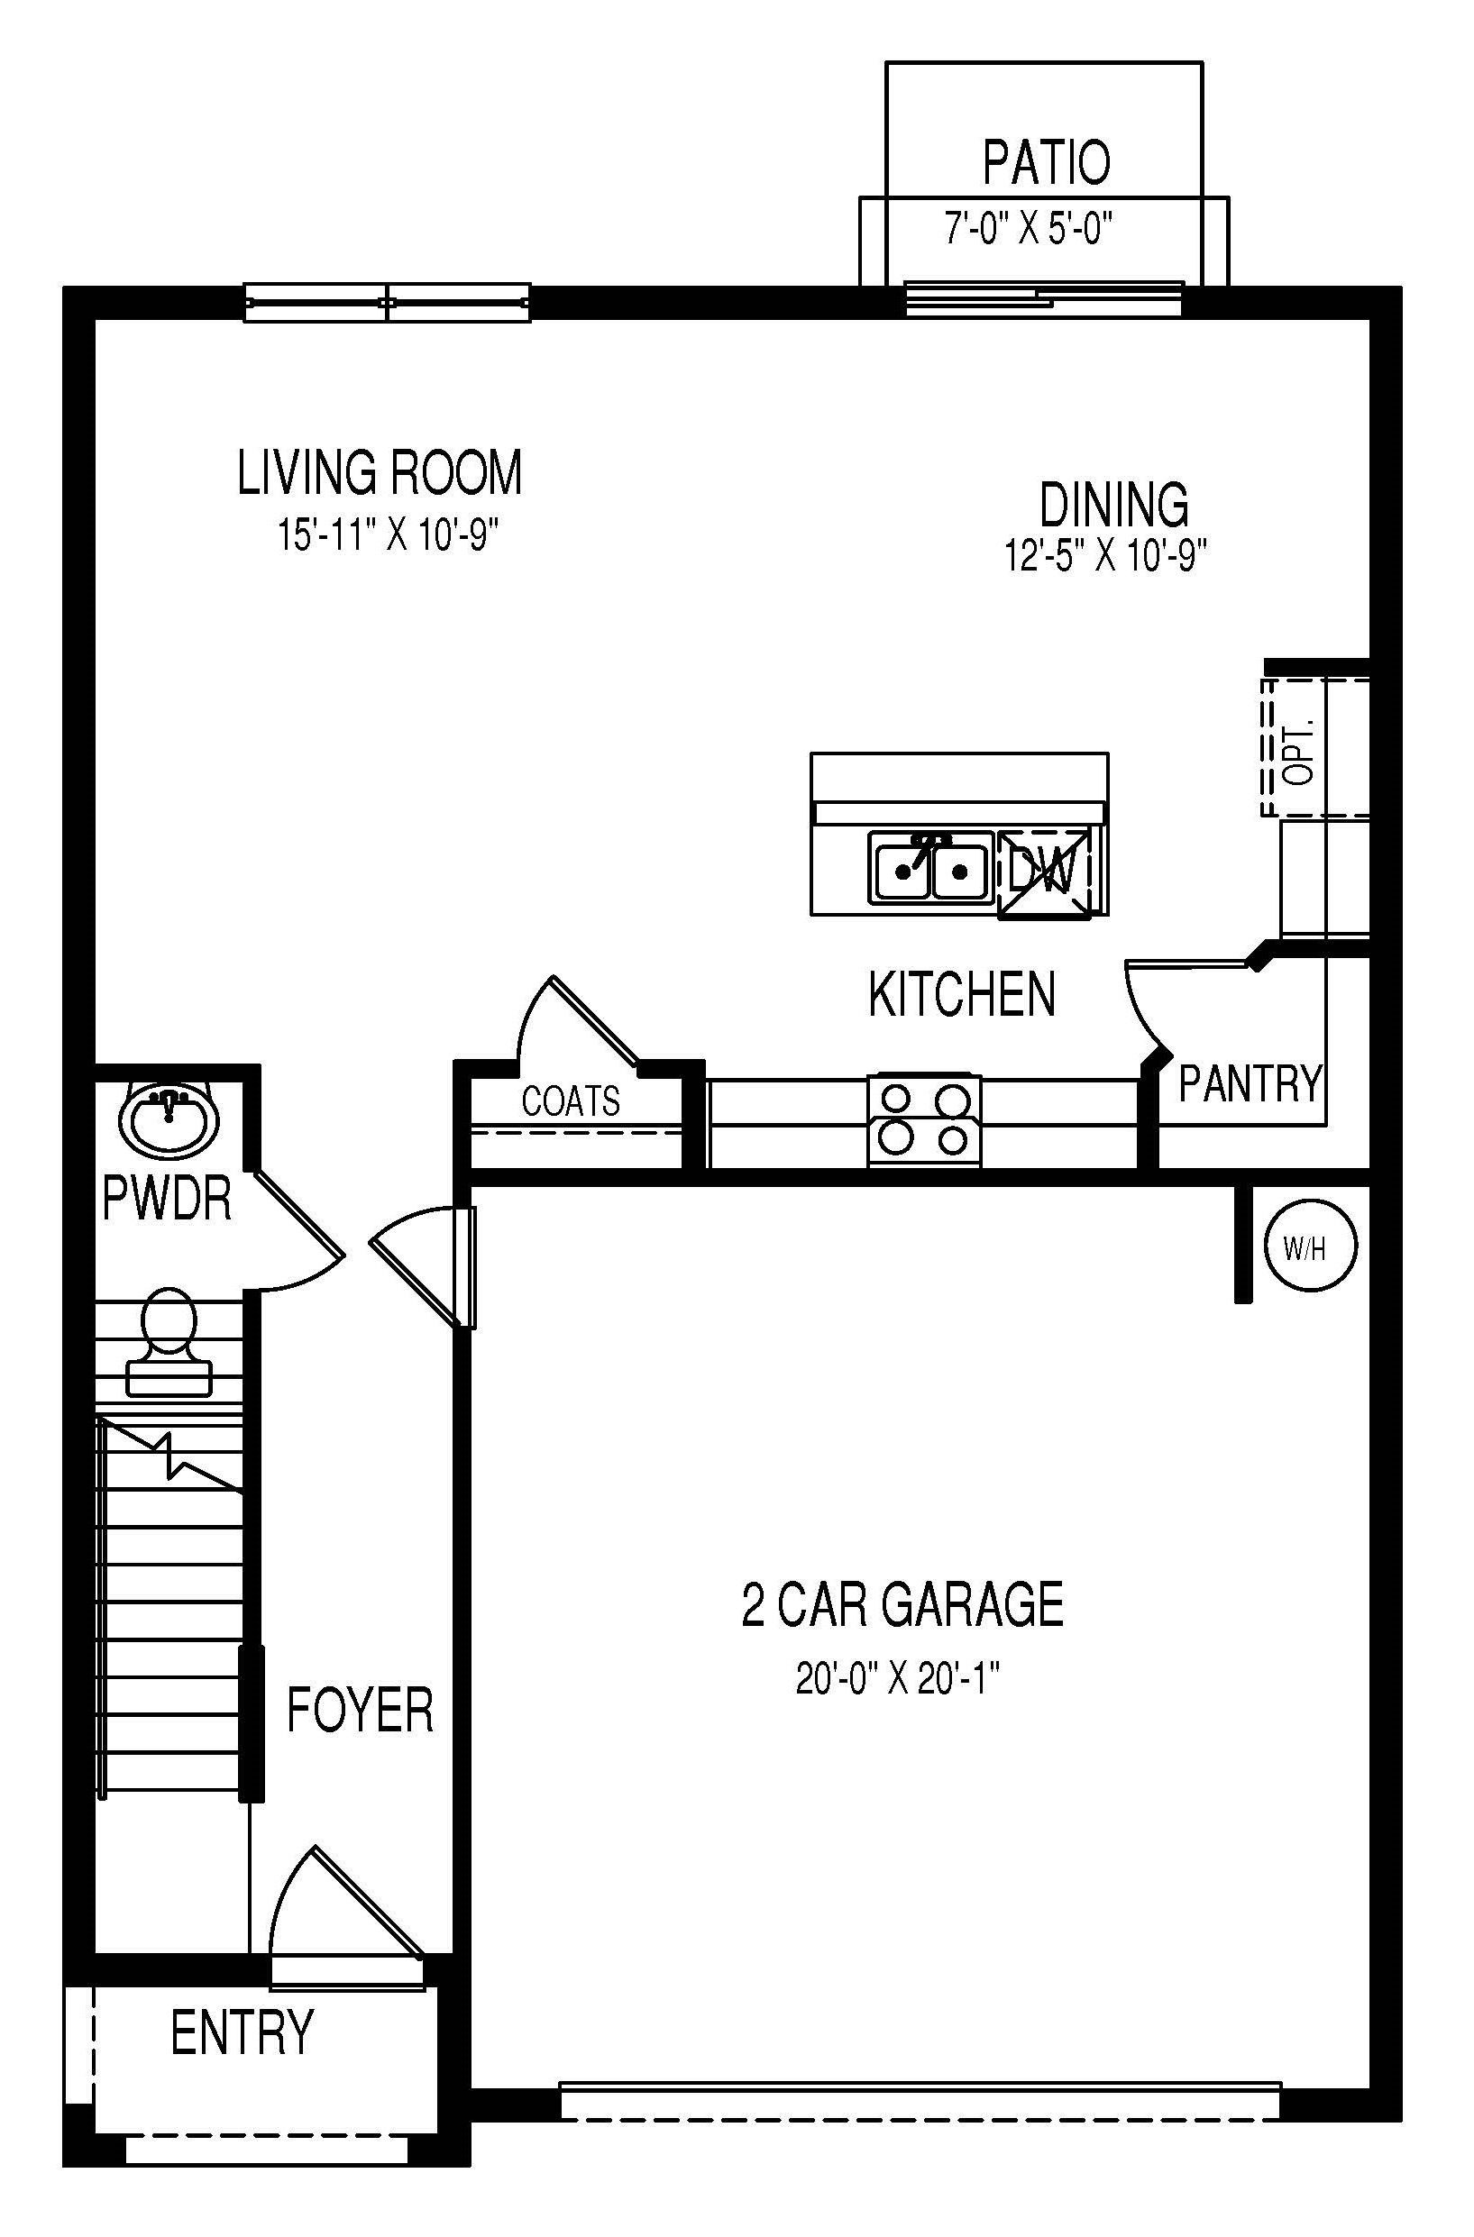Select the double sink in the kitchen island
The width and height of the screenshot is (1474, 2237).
click(x=929, y=869)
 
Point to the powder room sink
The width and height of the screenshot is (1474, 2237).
click(x=169, y=1118)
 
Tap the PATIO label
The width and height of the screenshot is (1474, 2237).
click(x=1046, y=162)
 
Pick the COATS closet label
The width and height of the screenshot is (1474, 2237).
click(x=571, y=1100)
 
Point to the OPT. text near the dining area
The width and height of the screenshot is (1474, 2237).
click(x=1298, y=752)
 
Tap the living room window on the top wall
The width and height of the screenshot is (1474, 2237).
click(x=388, y=303)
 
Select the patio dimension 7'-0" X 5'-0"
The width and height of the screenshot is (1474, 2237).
click(x=1029, y=228)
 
